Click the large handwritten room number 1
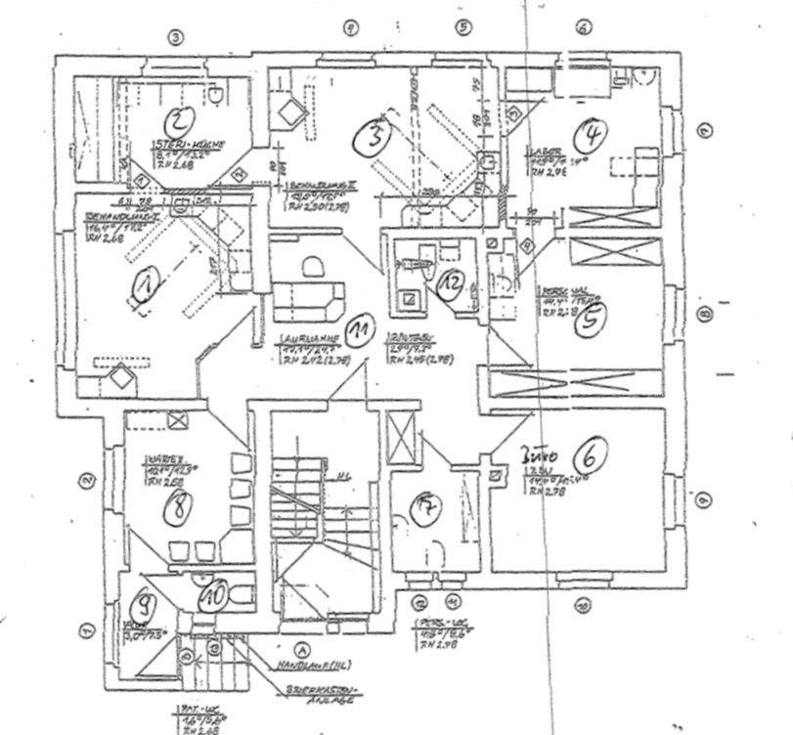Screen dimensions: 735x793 click(145, 285)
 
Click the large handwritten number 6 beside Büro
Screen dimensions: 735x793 click(595, 454)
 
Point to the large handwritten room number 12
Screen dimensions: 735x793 click(450, 282)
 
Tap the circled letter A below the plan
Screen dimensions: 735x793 click(302, 646)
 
